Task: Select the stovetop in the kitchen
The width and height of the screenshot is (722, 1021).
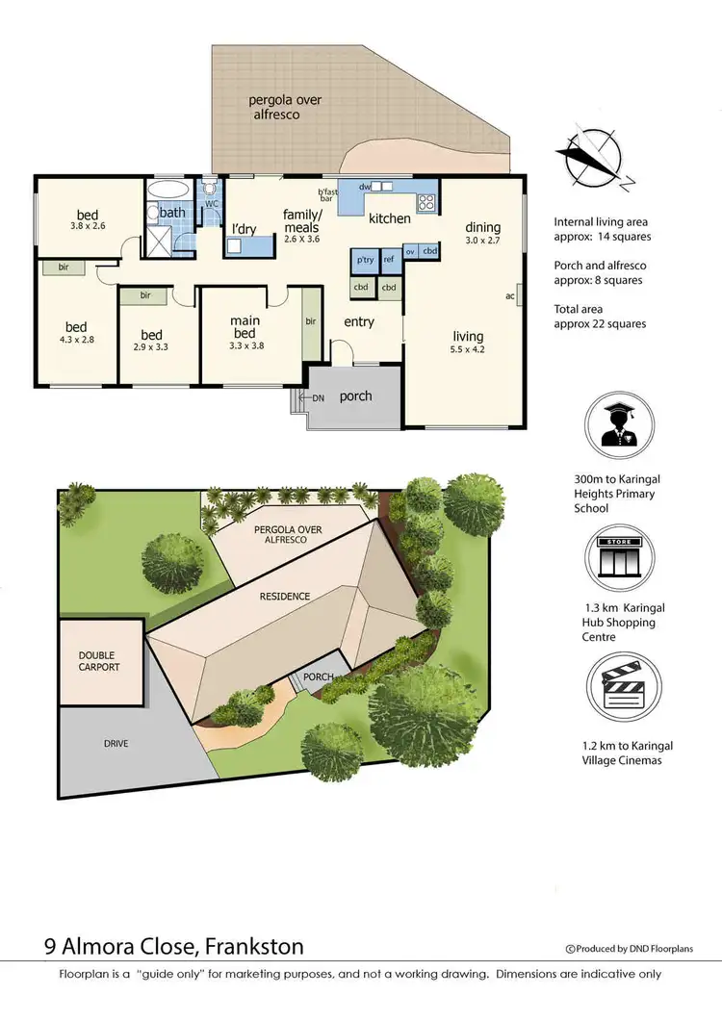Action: [x=427, y=203]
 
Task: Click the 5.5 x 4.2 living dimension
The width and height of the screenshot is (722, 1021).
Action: [x=469, y=350]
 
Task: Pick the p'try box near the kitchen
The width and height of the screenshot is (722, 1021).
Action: [x=365, y=260]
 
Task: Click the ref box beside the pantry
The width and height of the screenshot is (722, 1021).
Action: [x=389, y=260]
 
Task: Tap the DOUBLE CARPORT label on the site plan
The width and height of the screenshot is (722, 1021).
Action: [x=100, y=661]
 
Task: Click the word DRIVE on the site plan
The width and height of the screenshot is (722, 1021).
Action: [x=115, y=743]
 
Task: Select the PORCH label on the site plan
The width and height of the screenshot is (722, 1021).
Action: [x=318, y=676]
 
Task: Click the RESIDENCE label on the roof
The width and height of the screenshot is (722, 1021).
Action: [x=284, y=596]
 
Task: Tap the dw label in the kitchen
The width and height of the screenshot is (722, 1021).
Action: [x=365, y=187]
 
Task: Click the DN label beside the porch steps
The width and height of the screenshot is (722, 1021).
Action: [x=318, y=396]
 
